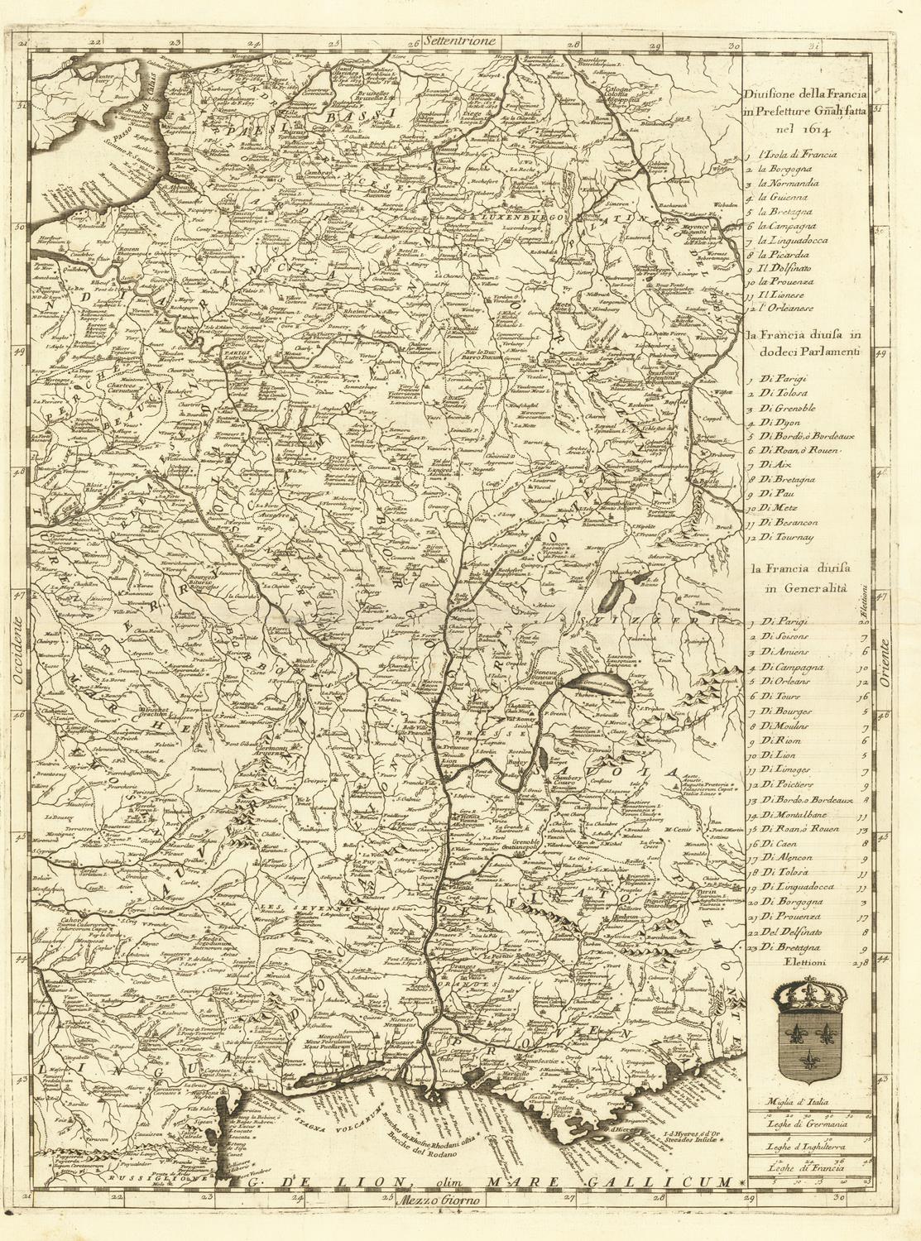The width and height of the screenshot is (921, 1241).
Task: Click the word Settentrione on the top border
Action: [x=457, y=39]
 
